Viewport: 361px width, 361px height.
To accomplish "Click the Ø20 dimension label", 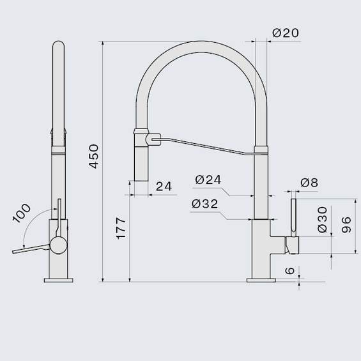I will click(x=286, y=33).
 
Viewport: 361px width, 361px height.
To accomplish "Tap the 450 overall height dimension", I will click(x=95, y=157).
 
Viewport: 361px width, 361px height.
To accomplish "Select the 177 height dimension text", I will click(x=121, y=228).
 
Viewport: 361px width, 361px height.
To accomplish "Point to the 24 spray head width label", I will click(x=164, y=187).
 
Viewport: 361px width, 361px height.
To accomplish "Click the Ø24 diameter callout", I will click(x=208, y=180).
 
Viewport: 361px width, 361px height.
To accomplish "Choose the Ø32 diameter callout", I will click(x=204, y=204).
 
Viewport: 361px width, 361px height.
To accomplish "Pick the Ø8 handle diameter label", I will click(x=309, y=183).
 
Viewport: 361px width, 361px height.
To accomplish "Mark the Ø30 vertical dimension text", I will click(x=322, y=219).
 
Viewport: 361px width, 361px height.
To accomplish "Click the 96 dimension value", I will click(x=346, y=225).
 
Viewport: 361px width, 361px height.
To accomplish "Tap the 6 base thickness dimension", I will click(x=291, y=271).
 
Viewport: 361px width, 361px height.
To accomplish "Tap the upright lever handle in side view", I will click(x=294, y=217).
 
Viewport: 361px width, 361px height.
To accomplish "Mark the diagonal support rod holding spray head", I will click(x=204, y=145).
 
